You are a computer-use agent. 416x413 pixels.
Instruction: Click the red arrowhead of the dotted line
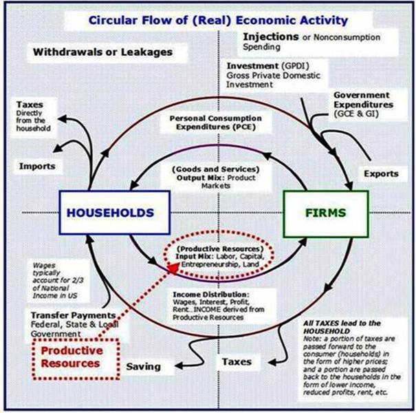(x=173, y=268)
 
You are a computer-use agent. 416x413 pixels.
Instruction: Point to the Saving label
(x=144, y=366)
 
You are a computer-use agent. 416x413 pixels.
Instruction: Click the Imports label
(x=37, y=167)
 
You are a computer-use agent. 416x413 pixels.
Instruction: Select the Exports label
(x=381, y=173)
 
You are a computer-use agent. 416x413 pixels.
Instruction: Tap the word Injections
(x=271, y=36)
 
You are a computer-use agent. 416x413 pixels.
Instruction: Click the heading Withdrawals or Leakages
(x=102, y=52)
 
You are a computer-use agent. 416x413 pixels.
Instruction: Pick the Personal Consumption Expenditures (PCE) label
(x=216, y=123)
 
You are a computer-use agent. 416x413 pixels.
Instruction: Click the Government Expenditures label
(x=363, y=100)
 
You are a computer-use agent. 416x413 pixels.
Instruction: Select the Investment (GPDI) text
(x=268, y=65)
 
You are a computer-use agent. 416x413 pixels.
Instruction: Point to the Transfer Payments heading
(x=73, y=315)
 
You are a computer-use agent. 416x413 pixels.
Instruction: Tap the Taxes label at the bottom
(x=237, y=362)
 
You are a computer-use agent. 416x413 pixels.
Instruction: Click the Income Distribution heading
(x=211, y=295)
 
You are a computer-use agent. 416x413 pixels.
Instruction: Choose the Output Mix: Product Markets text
(x=216, y=182)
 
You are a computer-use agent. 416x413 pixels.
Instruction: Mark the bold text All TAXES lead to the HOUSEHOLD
(x=342, y=327)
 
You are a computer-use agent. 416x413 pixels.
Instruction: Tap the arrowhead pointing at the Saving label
(x=179, y=366)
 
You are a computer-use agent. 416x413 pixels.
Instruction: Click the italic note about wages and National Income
(x=55, y=280)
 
